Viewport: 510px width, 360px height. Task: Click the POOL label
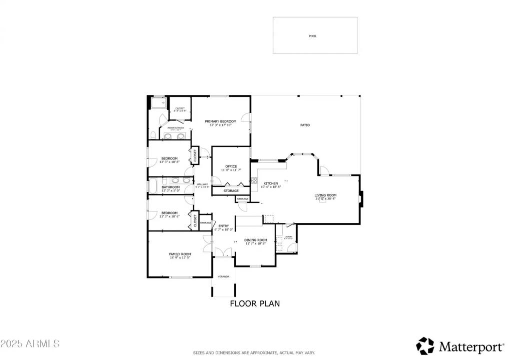click(313, 36)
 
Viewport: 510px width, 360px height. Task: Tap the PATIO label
click(305, 125)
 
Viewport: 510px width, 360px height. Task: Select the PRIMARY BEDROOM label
click(220, 121)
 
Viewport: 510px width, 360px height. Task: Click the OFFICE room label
click(231, 166)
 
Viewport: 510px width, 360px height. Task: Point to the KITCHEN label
click(271, 183)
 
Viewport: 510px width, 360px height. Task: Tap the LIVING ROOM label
click(325, 195)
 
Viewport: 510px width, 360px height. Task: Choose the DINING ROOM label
click(255, 240)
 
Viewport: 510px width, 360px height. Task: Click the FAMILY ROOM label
click(180, 254)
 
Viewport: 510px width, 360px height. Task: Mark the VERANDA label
click(223, 276)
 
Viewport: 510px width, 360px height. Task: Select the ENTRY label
click(224, 226)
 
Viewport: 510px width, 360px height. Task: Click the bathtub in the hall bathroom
click(154, 186)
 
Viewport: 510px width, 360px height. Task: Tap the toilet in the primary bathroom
click(152, 135)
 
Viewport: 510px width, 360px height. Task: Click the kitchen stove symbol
click(254, 178)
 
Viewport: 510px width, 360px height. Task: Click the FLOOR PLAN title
click(255, 303)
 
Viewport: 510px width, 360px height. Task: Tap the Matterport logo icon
click(425, 345)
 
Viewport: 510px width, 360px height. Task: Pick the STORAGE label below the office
click(231, 191)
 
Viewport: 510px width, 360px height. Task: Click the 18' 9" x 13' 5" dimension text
click(180, 258)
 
